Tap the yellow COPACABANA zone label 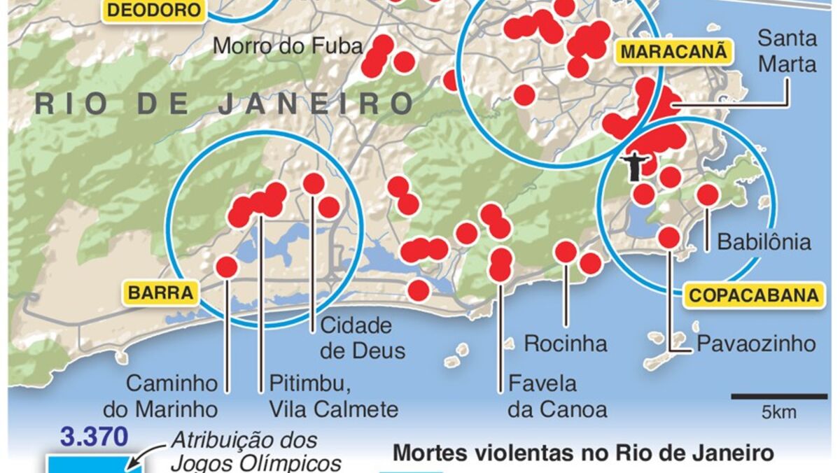tap(753, 295)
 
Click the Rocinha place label tap(566, 344)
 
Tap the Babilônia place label tap(764, 242)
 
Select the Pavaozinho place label tap(756, 344)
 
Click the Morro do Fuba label tap(288, 46)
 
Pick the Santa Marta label tap(787, 50)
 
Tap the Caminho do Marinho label tap(172, 396)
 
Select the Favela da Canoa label tap(557, 396)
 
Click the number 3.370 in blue tap(94, 438)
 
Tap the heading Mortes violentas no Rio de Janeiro tap(583, 453)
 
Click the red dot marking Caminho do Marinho tap(226, 267)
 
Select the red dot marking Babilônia tap(708, 195)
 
